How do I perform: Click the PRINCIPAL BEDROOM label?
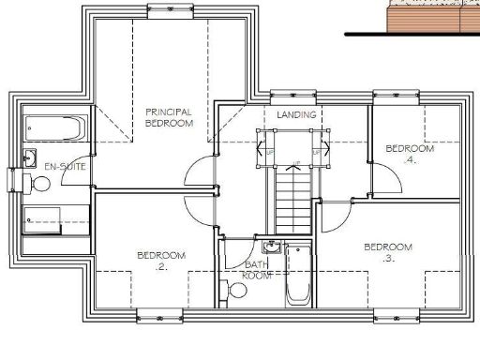(x=169, y=117)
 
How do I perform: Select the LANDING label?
(x=295, y=114)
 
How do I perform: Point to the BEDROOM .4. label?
(x=410, y=154)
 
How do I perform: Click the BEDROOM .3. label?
(x=388, y=251)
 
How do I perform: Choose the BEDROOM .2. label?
(x=161, y=261)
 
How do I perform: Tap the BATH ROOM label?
(x=257, y=270)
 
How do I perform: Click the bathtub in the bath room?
(x=297, y=274)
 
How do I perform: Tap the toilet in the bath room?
(x=237, y=291)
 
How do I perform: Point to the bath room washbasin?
(x=272, y=247)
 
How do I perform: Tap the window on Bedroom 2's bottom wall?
(x=159, y=314)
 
